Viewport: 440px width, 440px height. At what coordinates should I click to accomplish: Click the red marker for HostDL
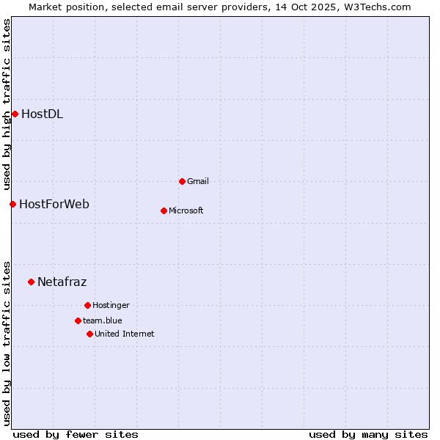pos(15,114)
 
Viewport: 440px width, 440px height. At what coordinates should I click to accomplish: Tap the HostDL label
pos(42,114)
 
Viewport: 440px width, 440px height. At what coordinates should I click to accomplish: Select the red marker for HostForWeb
pos(12,204)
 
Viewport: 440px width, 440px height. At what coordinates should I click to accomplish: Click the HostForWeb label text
pos(54,204)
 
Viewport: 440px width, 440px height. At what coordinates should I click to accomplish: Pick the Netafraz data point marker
pos(31,282)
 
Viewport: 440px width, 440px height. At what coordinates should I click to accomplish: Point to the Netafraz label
pos(62,282)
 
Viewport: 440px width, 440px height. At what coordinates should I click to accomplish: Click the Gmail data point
pos(182,181)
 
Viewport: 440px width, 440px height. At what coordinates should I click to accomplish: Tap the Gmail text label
pos(198,181)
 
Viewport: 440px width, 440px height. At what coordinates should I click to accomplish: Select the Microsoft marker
pos(164,210)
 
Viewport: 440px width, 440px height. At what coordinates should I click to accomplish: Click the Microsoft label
pos(186,210)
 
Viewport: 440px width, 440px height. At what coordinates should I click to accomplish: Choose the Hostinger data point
pos(87,305)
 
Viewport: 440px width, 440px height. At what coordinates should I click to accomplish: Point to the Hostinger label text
pos(111,305)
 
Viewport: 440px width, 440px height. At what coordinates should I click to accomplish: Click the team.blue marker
pos(78,320)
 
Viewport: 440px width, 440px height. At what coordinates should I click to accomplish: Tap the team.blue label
pos(103,320)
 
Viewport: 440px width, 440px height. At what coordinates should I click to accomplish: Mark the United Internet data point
pos(89,334)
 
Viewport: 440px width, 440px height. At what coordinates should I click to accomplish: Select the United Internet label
pos(125,334)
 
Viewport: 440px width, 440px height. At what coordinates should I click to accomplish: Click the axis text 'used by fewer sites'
pos(76,434)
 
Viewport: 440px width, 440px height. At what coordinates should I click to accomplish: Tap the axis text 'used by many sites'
pos(368,434)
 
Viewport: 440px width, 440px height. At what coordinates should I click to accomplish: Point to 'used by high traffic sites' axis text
pos(7,103)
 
